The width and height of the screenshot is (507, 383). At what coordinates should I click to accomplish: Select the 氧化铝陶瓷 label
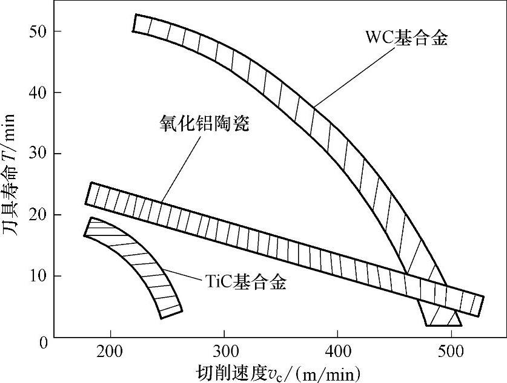point(201,125)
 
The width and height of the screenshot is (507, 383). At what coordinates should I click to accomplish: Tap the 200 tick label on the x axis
point(110,352)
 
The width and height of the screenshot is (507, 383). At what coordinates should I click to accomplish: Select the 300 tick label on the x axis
point(224,352)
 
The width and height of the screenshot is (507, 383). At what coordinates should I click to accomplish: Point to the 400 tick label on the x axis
point(337,352)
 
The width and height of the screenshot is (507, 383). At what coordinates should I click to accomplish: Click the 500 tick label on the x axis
point(451,352)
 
